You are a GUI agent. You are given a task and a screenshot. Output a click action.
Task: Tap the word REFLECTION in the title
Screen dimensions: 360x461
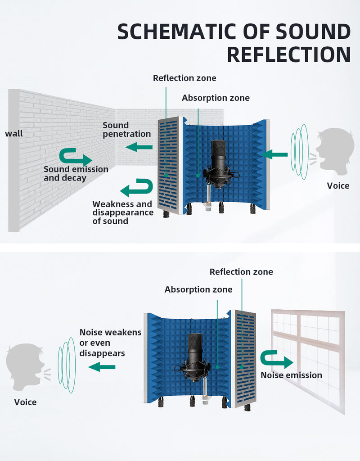289,54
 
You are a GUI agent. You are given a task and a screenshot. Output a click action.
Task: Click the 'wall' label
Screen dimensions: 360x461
14,133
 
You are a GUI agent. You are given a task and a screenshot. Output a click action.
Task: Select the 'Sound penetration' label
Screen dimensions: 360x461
126,129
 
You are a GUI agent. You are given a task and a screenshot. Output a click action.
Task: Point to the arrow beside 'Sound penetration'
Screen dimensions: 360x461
139,147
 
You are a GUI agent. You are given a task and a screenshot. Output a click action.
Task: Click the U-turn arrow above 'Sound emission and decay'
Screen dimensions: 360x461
76,157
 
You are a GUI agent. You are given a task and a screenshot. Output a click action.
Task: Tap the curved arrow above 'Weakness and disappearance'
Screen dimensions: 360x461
137,188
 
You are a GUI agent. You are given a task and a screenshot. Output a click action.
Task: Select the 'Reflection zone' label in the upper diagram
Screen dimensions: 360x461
184,78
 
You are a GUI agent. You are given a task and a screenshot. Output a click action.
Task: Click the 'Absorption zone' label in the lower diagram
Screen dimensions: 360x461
198,289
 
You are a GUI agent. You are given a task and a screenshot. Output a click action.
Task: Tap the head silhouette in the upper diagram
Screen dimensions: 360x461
336,149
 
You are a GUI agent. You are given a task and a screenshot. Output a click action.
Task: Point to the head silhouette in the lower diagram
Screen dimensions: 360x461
24,366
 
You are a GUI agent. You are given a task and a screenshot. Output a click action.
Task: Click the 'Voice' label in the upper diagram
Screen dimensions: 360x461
338,186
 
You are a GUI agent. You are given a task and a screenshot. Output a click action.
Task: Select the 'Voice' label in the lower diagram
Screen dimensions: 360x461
25,402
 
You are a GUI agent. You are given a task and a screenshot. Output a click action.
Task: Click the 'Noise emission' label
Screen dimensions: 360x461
291,375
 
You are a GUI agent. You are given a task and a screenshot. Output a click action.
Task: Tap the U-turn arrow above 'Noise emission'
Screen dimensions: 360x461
277,359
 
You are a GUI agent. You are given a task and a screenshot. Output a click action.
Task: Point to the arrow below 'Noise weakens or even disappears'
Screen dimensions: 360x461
102,366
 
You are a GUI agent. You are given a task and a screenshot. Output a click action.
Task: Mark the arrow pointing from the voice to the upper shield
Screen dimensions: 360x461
274,154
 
